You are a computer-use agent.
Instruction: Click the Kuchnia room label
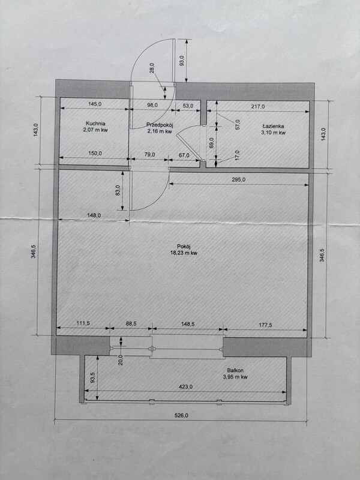[95, 124]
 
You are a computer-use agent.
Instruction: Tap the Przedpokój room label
[160, 125]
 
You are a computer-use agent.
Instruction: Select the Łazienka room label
[274, 126]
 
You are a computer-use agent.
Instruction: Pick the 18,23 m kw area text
[184, 253]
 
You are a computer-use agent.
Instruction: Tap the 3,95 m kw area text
[235, 377]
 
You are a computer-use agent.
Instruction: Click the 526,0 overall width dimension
[182, 415]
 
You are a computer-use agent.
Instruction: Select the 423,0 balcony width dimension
[186, 386]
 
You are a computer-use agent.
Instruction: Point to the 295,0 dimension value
[238, 179]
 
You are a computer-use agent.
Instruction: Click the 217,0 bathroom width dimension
[258, 107]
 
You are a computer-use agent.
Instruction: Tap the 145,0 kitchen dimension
[95, 104]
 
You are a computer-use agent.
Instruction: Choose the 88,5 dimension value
[131, 323]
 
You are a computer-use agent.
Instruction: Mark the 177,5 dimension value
[265, 325]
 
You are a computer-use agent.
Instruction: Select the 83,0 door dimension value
[118, 190]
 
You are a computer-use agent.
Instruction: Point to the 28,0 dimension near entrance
[152, 68]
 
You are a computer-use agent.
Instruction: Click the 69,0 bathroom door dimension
[211, 143]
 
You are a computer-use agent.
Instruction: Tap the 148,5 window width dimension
[188, 323]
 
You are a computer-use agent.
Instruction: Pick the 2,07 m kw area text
[95, 130]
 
